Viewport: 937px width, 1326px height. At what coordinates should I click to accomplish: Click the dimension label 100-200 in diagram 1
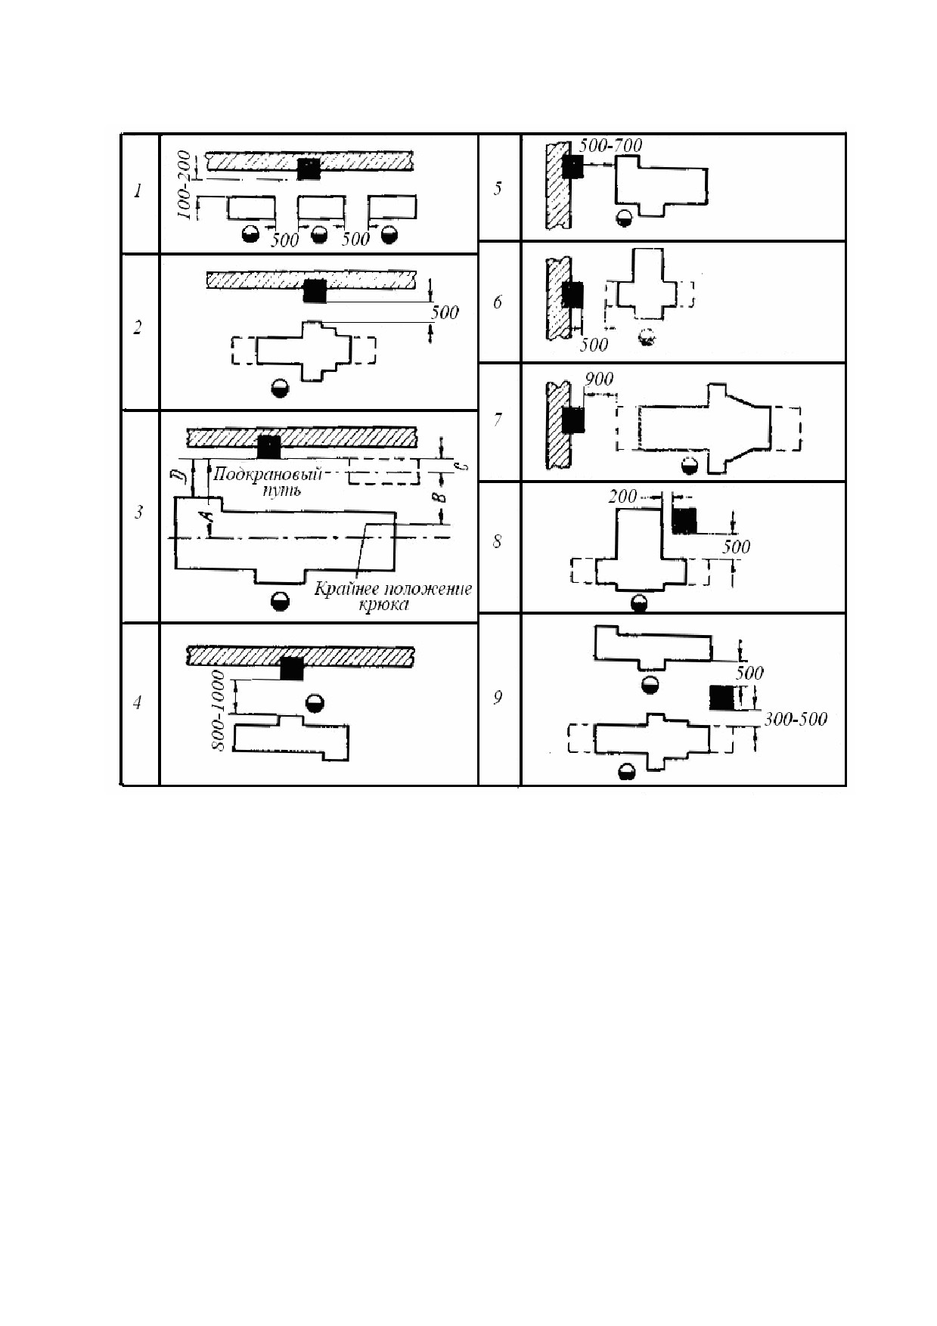click(x=185, y=184)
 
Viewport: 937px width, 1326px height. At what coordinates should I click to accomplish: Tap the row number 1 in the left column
click(x=138, y=191)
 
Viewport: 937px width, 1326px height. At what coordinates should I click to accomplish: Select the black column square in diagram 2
click(x=314, y=290)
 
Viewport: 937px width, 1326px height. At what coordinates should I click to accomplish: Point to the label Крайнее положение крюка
click(x=392, y=596)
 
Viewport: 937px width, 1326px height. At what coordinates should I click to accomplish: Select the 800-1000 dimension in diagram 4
click(x=219, y=710)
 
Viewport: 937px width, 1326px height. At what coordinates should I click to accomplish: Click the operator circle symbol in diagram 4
click(x=315, y=704)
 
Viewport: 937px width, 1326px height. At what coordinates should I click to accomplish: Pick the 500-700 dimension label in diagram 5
click(x=610, y=145)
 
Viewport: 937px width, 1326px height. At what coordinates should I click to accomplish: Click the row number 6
click(x=497, y=302)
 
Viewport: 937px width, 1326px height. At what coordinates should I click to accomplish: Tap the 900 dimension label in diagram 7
click(x=598, y=379)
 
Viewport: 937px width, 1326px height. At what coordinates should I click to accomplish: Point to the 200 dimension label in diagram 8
click(x=623, y=497)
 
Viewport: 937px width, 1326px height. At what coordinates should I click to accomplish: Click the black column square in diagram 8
click(x=684, y=521)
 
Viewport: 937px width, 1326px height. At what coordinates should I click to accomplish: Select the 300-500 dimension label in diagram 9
click(x=796, y=719)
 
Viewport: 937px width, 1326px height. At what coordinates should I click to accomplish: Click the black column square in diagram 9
click(x=722, y=698)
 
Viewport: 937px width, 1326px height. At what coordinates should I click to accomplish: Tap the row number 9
click(x=497, y=697)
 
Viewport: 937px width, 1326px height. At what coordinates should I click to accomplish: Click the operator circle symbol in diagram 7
click(x=689, y=466)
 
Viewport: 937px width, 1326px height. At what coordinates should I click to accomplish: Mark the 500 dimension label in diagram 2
click(x=445, y=312)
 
